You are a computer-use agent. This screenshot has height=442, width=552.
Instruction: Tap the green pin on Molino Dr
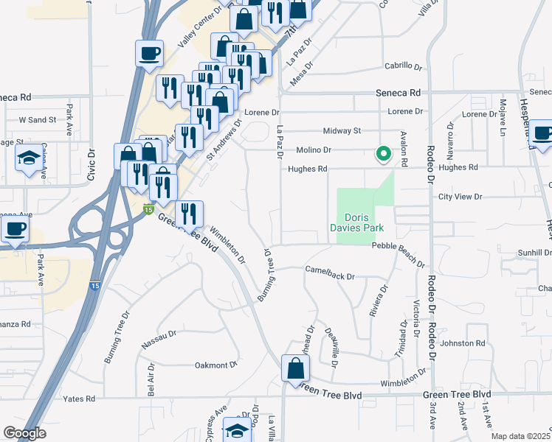click(383, 154)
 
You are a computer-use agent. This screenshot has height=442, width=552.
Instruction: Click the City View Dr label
click(460, 197)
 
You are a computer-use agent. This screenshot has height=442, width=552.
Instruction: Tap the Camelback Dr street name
click(330, 273)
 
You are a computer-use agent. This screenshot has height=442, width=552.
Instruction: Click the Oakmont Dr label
click(215, 364)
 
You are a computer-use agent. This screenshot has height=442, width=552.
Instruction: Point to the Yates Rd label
click(80, 399)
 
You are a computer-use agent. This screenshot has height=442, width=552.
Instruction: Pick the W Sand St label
click(38, 119)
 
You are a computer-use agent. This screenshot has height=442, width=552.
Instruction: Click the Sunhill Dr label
click(534, 253)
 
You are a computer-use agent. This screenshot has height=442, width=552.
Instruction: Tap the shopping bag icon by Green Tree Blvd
click(295, 369)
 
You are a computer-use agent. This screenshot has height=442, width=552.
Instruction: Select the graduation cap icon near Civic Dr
click(29, 158)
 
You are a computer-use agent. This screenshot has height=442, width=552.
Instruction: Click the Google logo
click(24, 433)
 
